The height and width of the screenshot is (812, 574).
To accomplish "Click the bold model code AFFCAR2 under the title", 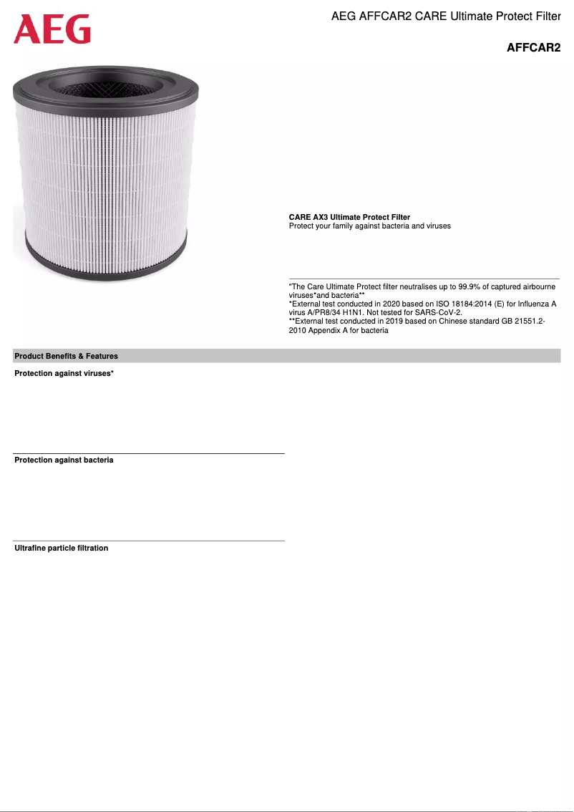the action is pos(533,49).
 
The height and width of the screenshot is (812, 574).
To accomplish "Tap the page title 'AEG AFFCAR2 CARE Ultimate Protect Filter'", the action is pos(446,16).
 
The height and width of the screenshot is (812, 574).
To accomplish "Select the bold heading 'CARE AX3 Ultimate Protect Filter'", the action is pos(349,217).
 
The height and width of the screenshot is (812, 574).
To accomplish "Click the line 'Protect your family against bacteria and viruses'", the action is pos(369,226).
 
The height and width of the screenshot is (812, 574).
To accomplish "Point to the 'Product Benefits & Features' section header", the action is pos(67,356).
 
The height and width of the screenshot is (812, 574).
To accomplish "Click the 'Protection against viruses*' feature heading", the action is pos(64,374).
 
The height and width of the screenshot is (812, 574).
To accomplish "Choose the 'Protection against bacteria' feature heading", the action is pos(64,460).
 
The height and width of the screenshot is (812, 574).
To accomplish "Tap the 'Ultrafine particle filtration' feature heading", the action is pos(62,548).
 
